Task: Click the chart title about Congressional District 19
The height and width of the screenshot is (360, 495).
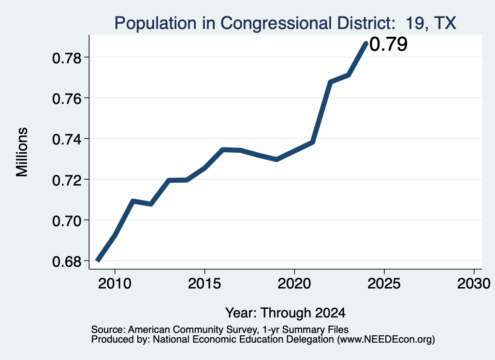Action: click(x=285, y=23)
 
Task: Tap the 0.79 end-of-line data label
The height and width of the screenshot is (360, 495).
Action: click(x=388, y=44)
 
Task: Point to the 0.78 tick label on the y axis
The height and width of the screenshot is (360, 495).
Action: click(x=67, y=58)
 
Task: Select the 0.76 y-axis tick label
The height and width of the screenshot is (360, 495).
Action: click(x=67, y=99)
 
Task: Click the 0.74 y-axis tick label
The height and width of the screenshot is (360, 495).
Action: click(x=67, y=140)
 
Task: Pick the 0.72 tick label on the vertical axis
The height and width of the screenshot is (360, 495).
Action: click(x=67, y=180)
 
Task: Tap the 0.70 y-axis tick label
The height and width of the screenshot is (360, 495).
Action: click(x=67, y=221)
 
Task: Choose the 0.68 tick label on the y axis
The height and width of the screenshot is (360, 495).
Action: click(x=67, y=261)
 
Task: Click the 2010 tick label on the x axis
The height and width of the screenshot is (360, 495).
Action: click(x=115, y=284)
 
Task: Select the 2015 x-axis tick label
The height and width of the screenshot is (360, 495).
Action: click(x=204, y=284)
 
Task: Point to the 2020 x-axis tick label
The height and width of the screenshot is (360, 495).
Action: click(x=294, y=284)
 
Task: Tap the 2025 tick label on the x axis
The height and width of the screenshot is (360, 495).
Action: click(x=384, y=284)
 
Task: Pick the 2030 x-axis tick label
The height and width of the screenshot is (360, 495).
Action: click(x=474, y=284)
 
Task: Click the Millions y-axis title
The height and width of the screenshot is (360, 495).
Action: click(x=22, y=152)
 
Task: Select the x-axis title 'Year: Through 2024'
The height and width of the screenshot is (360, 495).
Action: click(x=285, y=313)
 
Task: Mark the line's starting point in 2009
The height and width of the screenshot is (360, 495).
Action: click(x=97, y=260)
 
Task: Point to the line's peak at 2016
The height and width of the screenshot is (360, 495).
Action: click(x=223, y=149)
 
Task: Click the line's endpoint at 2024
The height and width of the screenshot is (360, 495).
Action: click(x=366, y=43)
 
